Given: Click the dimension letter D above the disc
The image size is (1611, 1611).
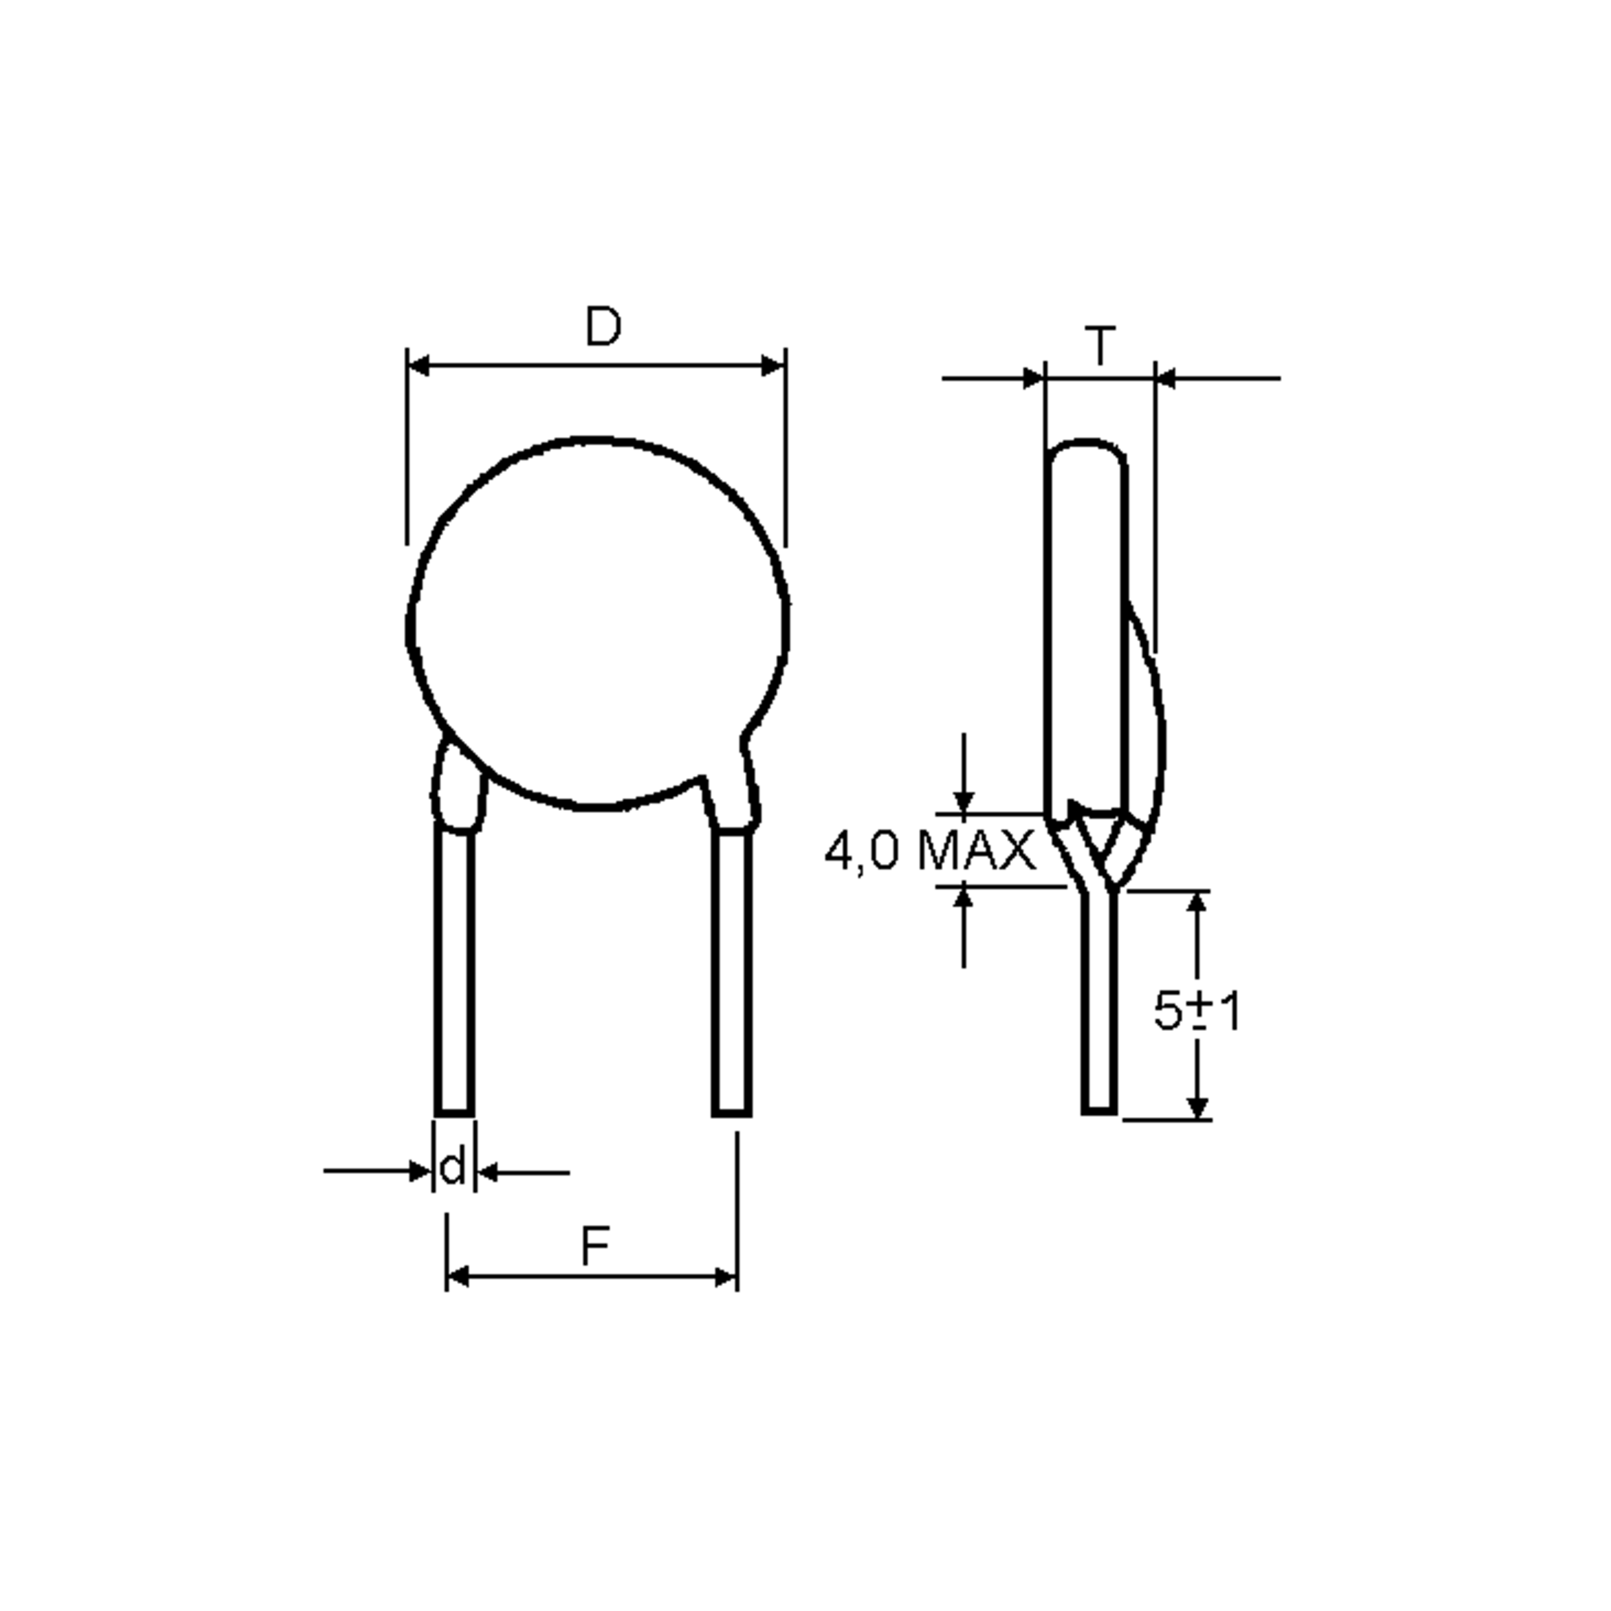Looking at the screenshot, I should point(602,327).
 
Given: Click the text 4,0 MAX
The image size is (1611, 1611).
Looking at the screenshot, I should point(929,851).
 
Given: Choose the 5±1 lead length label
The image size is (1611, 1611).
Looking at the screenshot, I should point(1198,1012).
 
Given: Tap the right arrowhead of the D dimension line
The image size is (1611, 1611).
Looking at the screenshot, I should point(774,365).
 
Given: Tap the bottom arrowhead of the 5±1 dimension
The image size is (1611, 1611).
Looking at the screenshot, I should point(1198,1108).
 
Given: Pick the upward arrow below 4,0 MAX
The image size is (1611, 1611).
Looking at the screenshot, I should point(964,898).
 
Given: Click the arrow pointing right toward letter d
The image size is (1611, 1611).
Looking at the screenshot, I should point(421,1171).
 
